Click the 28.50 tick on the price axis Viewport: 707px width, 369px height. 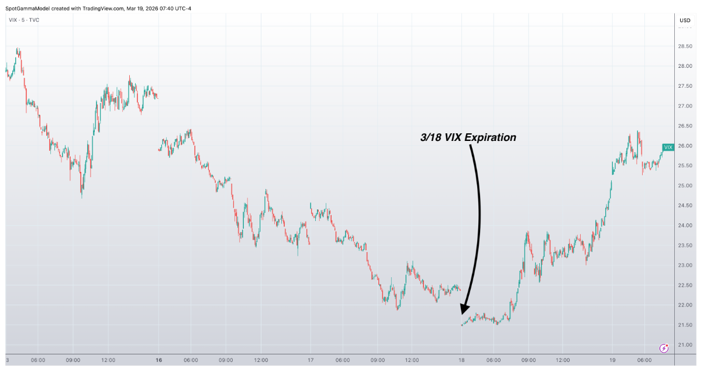coord(685,46)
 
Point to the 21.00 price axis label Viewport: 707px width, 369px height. coord(685,345)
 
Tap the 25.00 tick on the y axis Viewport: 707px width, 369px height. coord(685,185)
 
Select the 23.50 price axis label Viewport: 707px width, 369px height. coord(685,246)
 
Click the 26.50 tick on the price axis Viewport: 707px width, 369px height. coord(685,126)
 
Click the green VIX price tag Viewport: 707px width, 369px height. coord(668,147)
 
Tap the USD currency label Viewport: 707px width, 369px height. coord(685,20)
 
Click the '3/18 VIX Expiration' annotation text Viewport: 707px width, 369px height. coord(468,137)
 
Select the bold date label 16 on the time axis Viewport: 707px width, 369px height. coord(159,360)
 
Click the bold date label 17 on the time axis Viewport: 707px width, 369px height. coord(311,360)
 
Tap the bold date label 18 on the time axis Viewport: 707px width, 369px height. coord(461,360)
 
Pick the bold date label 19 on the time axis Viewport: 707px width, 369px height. coord(613,360)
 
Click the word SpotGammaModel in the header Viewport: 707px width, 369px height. coord(27,8)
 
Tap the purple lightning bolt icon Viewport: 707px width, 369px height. coord(664,348)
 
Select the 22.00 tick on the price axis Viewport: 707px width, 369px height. coord(685,305)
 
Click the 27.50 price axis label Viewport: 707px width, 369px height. coord(685,86)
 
